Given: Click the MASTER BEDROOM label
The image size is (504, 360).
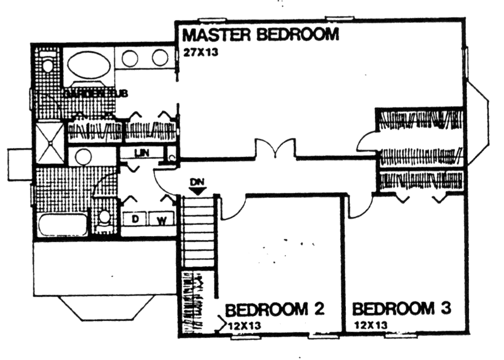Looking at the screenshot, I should (260, 35).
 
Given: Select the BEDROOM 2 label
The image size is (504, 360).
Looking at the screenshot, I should (274, 308).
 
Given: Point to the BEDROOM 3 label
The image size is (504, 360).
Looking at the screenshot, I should (402, 308).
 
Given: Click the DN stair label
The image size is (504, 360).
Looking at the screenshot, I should (196, 182).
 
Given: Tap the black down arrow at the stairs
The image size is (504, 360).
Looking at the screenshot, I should (197, 191).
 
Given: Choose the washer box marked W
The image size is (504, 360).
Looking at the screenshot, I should (162, 219).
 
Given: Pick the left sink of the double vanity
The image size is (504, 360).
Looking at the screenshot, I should (130, 58).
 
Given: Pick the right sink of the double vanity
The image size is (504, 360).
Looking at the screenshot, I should (160, 58).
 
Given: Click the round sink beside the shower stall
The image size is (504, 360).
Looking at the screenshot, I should (83, 157).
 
